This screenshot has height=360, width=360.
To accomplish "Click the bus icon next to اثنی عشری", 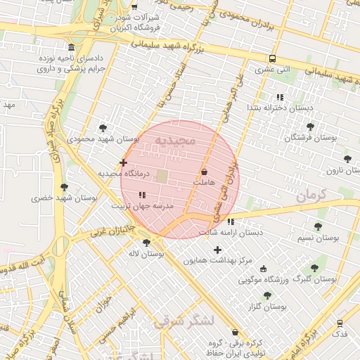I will [x=272, y=59].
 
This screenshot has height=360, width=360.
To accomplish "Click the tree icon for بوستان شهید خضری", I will [x=65, y=187].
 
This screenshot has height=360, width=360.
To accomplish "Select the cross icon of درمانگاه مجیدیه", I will [x=124, y=162].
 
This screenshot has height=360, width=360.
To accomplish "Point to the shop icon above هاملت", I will [x=205, y=172].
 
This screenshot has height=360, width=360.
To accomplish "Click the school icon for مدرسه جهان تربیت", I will [x=142, y=195].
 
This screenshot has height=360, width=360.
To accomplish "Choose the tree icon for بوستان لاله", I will [x=146, y=243].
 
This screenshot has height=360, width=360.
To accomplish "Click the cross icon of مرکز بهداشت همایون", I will [x=217, y=250].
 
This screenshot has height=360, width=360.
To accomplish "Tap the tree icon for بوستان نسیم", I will [x=318, y=226].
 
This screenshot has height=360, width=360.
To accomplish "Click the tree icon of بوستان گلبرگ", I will [x=314, y=267].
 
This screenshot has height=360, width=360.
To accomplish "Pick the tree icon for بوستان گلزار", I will [x=267, y=295].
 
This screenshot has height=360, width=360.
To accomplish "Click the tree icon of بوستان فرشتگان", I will [x=310, y=127].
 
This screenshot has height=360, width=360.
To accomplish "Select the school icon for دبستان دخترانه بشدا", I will [x=280, y=97].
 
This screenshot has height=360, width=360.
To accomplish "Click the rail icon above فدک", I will [x=340, y=323].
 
